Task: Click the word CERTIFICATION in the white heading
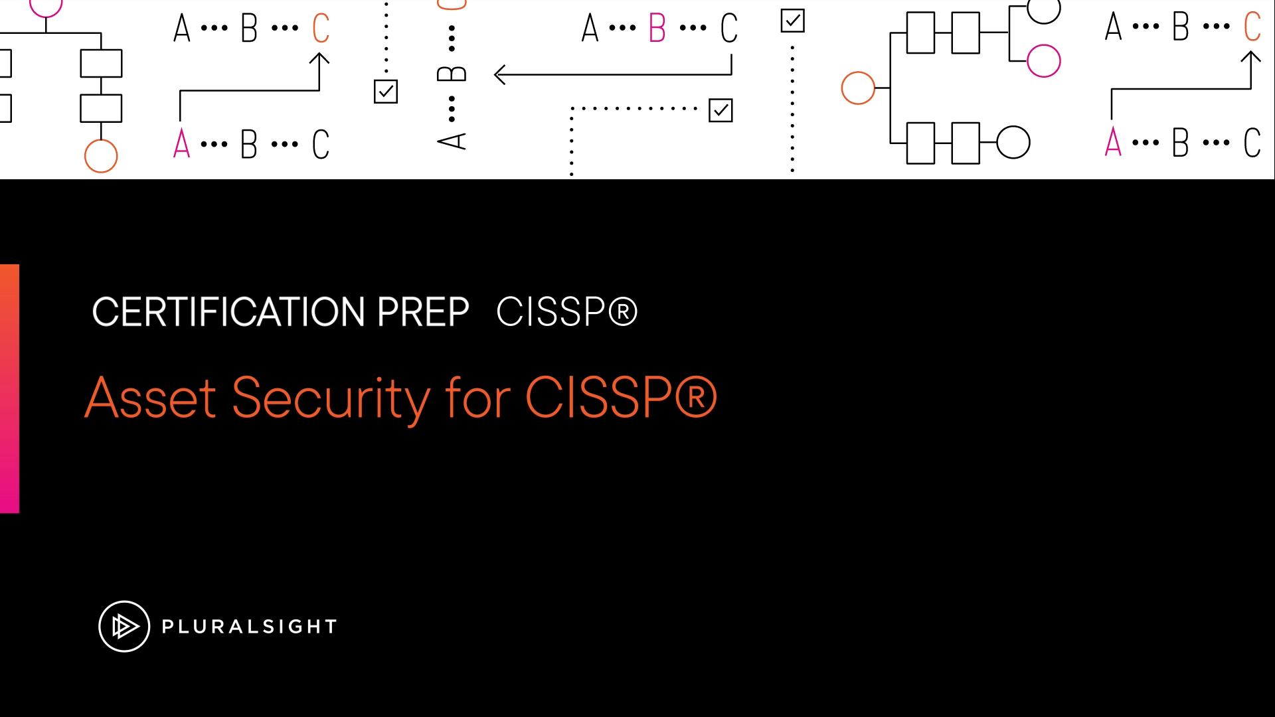coord(228,312)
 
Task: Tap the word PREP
coord(423,312)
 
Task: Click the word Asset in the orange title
coord(151,398)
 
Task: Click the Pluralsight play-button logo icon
coord(124,626)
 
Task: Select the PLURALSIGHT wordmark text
coord(250,627)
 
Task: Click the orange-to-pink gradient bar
coord(9,388)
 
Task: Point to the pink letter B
coord(657,28)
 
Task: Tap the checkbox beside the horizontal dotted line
coord(721,110)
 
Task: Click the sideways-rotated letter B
coord(452,73)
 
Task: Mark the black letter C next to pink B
coord(729,28)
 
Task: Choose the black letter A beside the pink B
coord(590,28)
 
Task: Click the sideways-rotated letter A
coord(452,141)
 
